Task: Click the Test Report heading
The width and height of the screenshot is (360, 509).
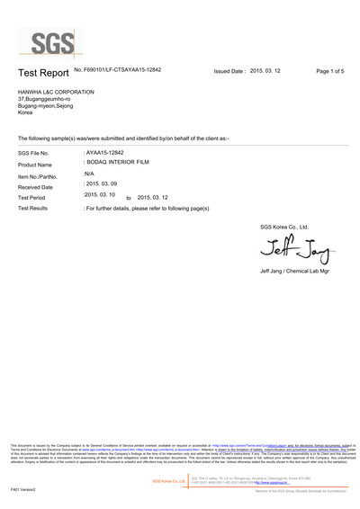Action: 41,72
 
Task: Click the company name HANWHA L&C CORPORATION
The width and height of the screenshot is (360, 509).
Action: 55,92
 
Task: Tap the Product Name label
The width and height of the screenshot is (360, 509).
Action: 35,165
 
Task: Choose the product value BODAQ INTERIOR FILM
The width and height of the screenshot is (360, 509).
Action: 115,163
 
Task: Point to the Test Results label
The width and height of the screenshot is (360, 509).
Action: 33,208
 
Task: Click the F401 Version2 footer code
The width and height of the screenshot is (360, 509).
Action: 23,489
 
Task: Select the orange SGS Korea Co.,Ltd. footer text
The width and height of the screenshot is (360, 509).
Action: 169,481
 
